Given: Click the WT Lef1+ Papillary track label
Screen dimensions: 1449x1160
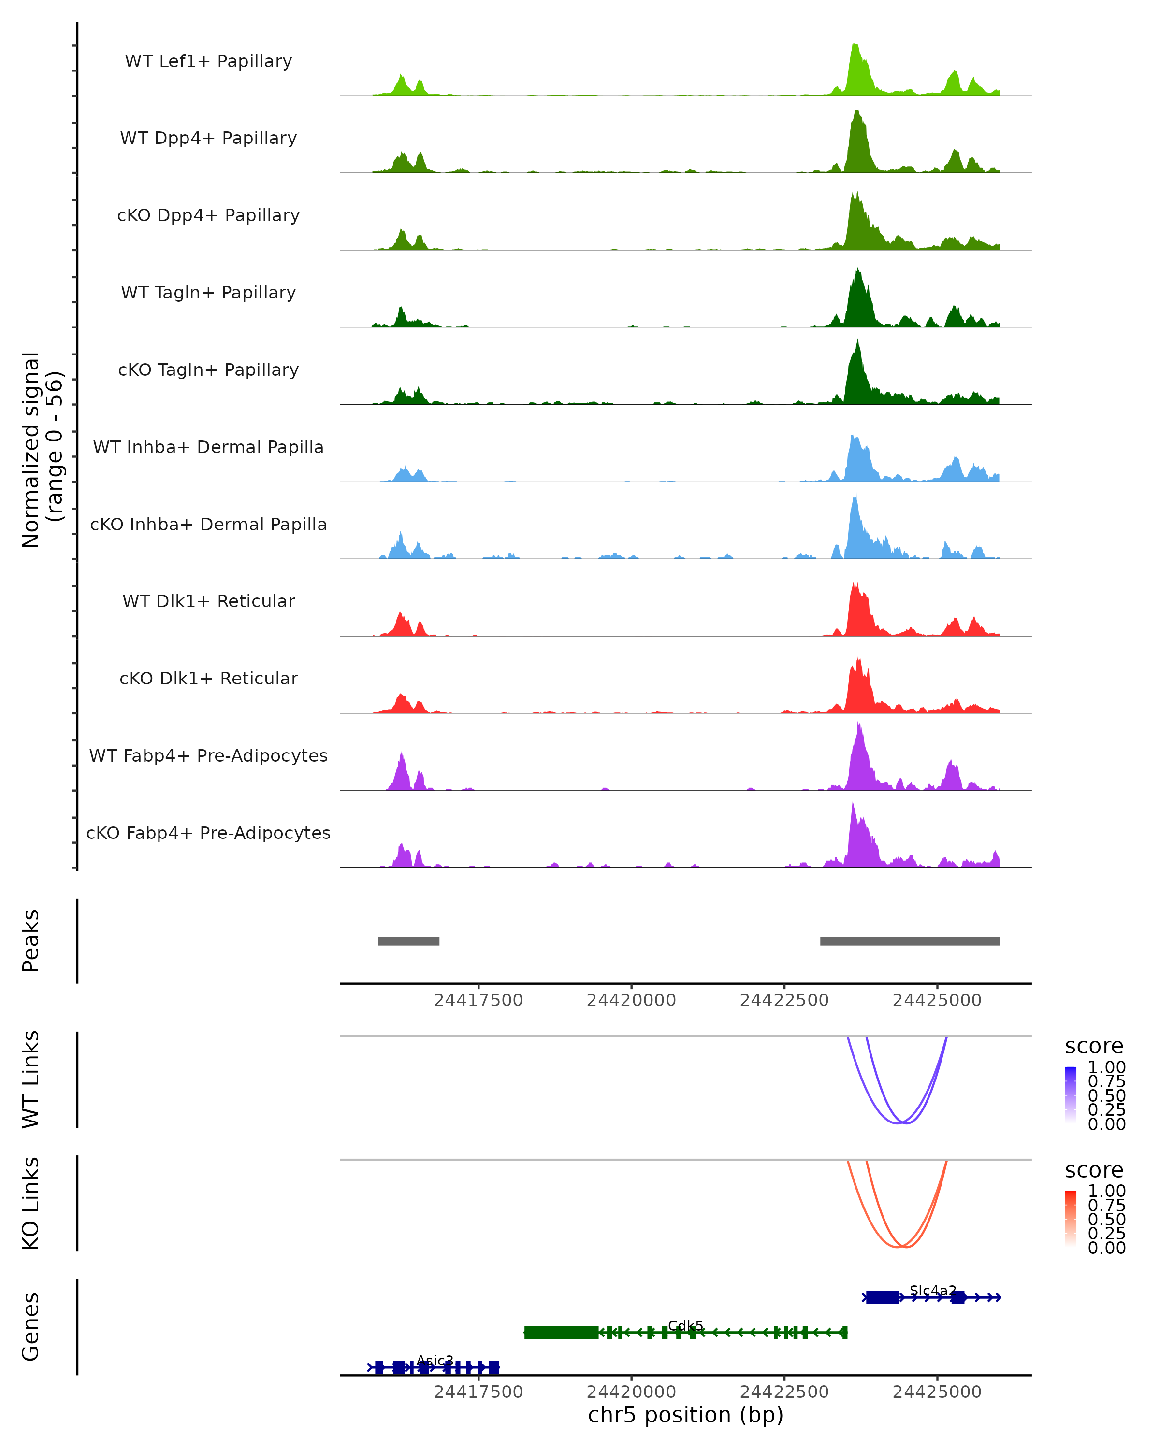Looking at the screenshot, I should (208, 61).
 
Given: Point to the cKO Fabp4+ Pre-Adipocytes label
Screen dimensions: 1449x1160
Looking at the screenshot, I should (208, 833).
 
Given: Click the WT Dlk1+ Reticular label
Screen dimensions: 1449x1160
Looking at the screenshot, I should (208, 601).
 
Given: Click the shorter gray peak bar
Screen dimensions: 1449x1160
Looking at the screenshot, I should (409, 941).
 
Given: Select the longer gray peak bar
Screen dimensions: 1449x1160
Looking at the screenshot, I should (910, 941).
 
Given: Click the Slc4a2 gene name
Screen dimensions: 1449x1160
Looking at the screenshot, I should (933, 1291).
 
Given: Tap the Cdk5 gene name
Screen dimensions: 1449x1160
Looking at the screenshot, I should (685, 1326).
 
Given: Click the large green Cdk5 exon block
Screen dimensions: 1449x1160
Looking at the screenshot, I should (561, 1332).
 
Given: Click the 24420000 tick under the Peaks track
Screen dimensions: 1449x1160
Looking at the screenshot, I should (631, 1000).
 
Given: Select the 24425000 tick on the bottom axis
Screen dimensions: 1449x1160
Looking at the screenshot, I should (937, 1392).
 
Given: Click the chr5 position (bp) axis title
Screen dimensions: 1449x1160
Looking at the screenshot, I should (685, 1415).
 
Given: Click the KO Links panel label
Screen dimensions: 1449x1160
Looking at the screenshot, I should (31, 1203).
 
